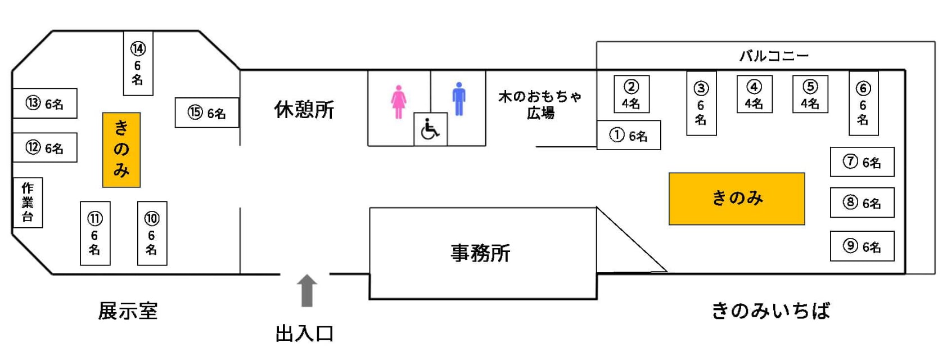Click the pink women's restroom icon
398,102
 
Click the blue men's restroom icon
459,100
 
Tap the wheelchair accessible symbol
430,129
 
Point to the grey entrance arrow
306,290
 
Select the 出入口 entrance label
304,334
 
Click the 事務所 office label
480,253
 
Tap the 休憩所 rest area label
304,110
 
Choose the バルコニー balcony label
773,56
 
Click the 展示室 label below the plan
128,310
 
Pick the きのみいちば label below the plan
770,310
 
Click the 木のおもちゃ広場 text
540,105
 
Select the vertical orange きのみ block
121,150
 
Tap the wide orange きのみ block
737,199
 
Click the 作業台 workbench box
28,202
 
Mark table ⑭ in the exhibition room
138,64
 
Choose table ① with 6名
628,136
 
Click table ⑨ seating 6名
862,246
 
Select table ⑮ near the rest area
206,113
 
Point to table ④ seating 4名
754,94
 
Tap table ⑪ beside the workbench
95,233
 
